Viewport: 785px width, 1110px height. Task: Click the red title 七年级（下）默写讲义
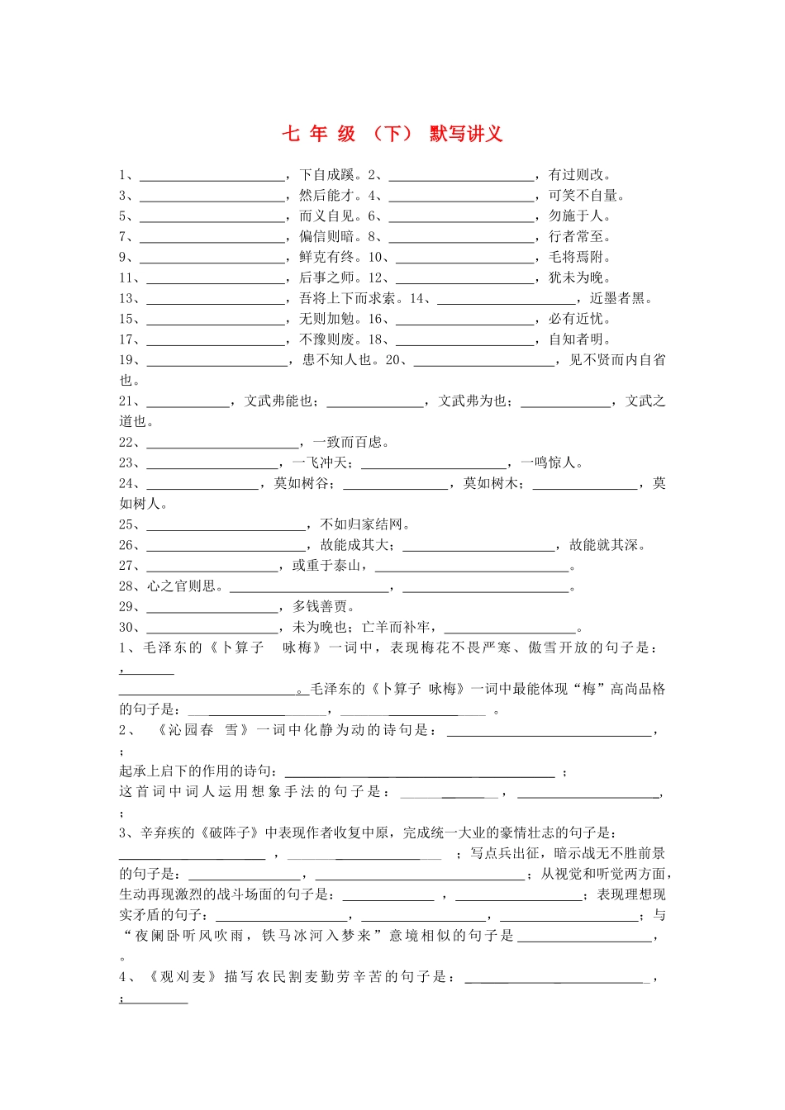(392, 134)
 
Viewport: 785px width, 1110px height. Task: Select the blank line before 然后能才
(212, 198)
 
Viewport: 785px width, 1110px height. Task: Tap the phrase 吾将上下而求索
(347, 299)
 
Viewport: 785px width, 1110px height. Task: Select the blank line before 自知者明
(464, 343)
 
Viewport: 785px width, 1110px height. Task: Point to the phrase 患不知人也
(336, 360)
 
